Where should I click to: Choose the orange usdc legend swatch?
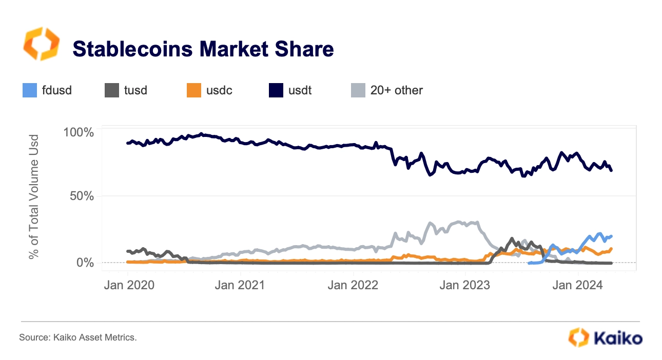click(x=193, y=90)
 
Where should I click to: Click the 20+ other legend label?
click(x=396, y=90)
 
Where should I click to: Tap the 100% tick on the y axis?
click(x=79, y=132)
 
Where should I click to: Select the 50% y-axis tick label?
click(x=82, y=196)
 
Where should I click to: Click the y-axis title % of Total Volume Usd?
click(x=34, y=196)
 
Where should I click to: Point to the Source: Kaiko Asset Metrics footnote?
click(x=78, y=337)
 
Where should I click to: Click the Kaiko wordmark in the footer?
click(x=617, y=338)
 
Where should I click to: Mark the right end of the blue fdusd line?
click(x=612, y=236)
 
